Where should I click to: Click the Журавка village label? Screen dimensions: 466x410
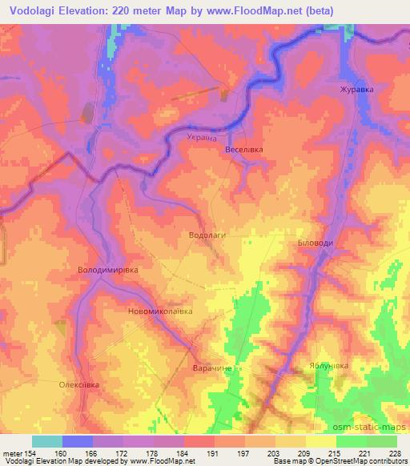tap(356, 90)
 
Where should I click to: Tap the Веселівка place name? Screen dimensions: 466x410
tap(244, 150)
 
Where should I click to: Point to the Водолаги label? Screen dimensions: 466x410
tap(207, 236)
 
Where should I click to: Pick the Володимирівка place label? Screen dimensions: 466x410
tap(107, 270)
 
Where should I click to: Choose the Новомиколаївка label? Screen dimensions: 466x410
tap(161, 311)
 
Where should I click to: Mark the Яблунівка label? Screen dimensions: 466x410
tap(329, 366)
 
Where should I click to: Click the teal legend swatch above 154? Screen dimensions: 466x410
tap(47, 441)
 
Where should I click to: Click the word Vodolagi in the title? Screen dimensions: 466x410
tap(34, 10)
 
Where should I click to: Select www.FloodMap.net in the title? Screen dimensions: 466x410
tap(255, 10)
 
